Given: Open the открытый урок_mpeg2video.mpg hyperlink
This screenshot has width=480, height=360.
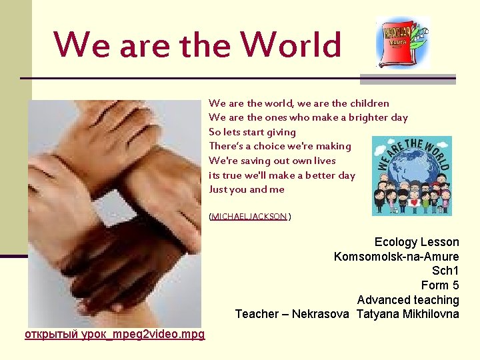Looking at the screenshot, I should point(115,333).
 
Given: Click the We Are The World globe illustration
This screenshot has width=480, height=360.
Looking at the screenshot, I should point(411,176).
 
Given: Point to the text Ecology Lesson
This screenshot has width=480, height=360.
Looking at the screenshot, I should point(417,242).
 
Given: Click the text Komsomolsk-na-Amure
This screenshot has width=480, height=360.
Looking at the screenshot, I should point(396,257).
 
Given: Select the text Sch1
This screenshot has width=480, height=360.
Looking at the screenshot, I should point(445,271).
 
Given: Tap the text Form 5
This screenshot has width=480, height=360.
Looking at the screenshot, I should point(440,285).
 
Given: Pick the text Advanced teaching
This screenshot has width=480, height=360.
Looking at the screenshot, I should point(408,300).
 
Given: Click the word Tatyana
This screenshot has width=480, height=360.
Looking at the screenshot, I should point(378,314).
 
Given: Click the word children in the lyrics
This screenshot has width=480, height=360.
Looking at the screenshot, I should point(369,103).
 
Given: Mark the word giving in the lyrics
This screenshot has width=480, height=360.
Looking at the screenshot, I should point(280,132).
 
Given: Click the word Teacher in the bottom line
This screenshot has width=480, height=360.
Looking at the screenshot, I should point(257,314).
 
